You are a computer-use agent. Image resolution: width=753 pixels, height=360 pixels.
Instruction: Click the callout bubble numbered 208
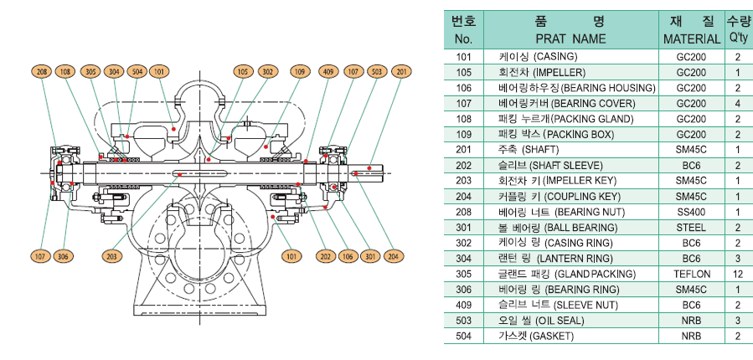(42, 72)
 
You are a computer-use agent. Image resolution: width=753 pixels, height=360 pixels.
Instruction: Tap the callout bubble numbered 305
(90, 72)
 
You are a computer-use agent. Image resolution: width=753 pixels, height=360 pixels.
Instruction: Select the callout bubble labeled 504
(137, 72)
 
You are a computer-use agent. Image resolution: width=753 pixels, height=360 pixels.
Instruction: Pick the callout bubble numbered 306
(63, 255)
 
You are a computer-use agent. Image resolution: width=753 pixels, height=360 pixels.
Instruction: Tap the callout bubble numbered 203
(111, 255)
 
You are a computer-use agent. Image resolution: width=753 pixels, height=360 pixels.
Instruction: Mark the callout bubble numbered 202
(324, 255)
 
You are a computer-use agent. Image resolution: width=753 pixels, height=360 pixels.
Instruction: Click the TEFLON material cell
(692, 274)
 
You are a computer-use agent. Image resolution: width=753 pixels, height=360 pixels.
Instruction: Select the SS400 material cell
(692, 212)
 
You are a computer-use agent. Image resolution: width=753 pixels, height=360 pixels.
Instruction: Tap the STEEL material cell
(692, 227)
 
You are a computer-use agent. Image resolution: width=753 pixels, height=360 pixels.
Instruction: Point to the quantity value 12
(737, 274)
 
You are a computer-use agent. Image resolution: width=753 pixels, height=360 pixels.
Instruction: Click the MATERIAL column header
(692, 39)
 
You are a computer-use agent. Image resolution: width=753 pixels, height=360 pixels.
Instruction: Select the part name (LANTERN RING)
(566, 258)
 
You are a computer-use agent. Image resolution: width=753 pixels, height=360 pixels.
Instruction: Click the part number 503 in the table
(463, 320)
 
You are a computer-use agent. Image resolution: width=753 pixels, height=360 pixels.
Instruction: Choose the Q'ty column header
(737, 39)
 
